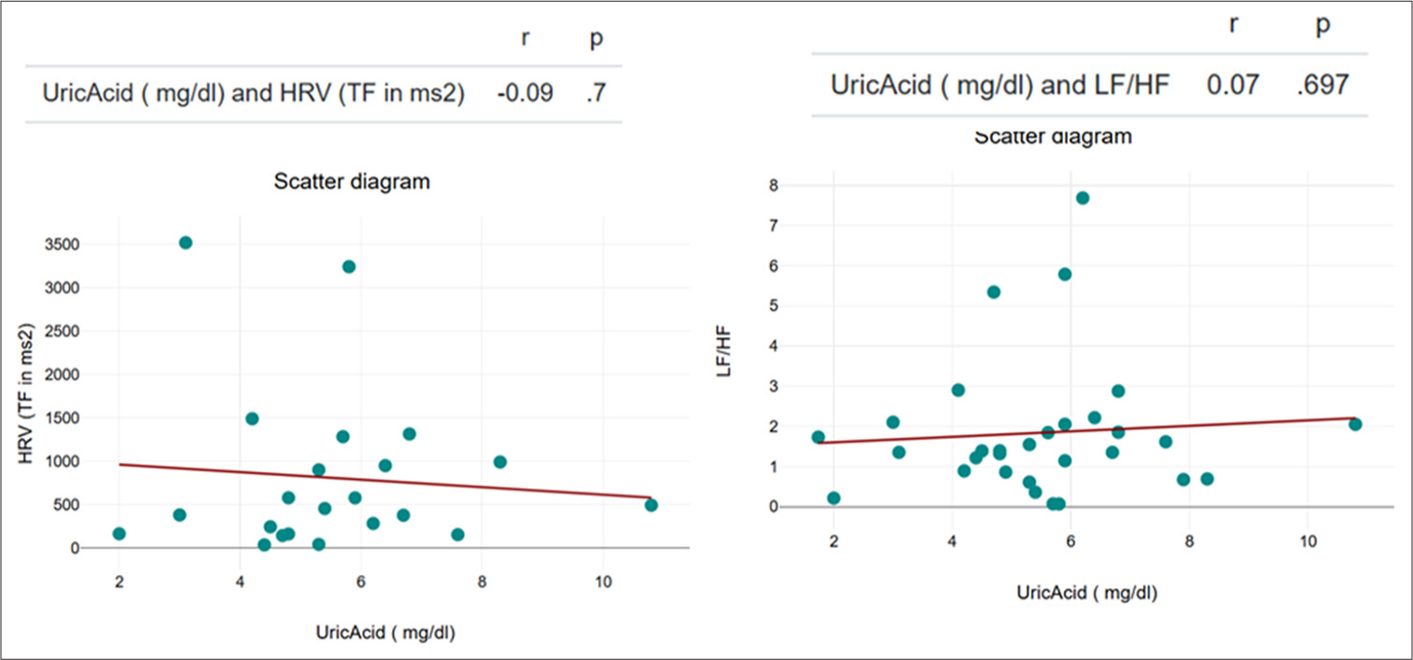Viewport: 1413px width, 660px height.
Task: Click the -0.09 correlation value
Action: point(526,93)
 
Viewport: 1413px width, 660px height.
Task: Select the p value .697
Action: point(1322,85)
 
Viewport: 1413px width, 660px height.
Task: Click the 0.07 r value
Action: point(1233,85)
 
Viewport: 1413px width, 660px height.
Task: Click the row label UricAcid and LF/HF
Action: point(1000,85)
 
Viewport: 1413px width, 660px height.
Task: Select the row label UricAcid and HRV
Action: point(254,93)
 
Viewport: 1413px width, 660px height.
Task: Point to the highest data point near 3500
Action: point(186,243)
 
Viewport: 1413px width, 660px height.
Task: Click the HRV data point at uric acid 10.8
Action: point(651,505)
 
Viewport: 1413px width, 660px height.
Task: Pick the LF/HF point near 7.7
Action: point(1083,198)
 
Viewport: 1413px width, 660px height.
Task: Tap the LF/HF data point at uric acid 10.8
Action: point(1355,425)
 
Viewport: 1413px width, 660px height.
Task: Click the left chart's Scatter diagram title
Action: point(352,182)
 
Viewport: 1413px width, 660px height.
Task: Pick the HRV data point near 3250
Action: point(349,267)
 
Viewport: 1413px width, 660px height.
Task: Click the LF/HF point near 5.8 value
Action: point(1065,274)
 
